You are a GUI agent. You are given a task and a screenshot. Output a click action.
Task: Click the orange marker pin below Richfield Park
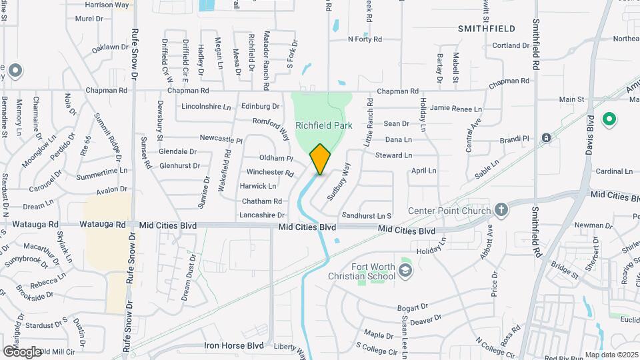pos(320,159)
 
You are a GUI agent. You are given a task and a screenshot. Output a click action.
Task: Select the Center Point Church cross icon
pos(502,211)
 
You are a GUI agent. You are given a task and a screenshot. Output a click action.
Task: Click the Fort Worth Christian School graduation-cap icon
pos(405,271)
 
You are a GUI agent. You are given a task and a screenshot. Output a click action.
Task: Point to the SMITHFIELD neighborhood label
pos(487,29)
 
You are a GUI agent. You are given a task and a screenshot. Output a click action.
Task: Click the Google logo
pos(22,351)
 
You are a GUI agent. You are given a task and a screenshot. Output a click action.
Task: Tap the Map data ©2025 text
pos(611,355)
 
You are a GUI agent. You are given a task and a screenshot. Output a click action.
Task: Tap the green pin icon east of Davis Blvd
pos(608,120)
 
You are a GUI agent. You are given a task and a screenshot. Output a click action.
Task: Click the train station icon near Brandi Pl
pos(546,138)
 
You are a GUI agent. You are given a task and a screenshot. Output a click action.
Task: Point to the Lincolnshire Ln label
pos(206,107)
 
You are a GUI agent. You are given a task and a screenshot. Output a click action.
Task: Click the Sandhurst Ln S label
pos(366,215)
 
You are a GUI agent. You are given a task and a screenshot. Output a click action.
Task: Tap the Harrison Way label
pos(107,5)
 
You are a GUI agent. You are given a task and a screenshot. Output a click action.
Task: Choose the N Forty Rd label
pos(365,39)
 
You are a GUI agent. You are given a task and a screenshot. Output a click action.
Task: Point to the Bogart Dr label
pos(412,307)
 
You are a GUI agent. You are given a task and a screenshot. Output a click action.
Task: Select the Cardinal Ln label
pos(614,171)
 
